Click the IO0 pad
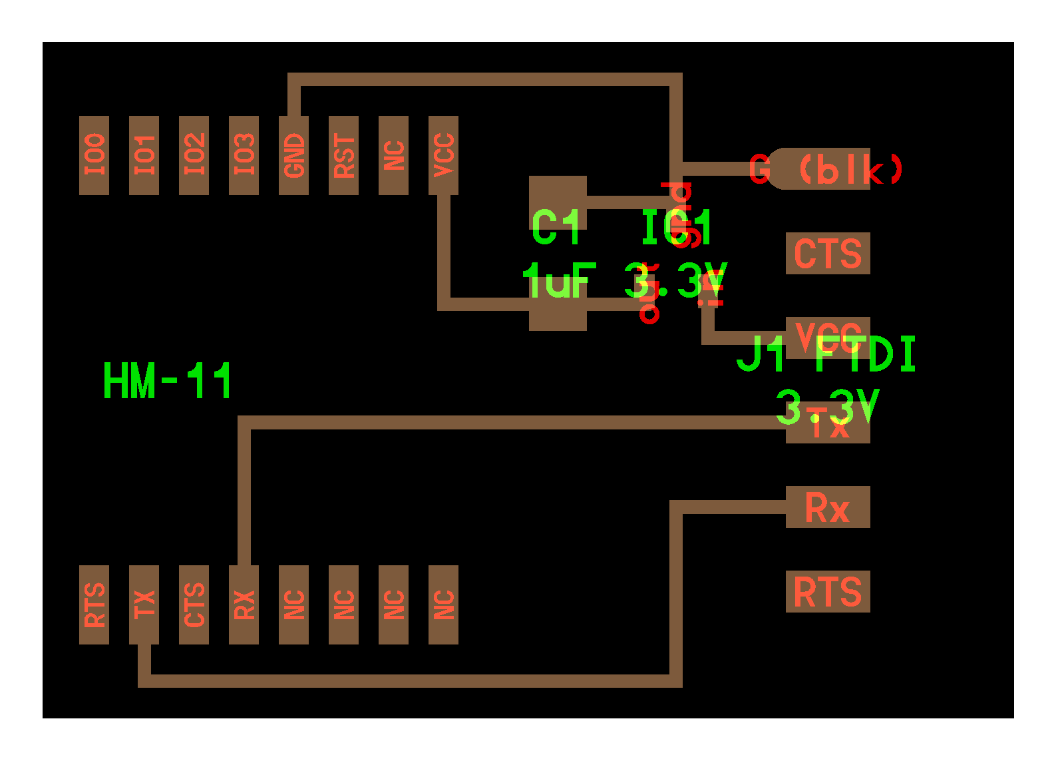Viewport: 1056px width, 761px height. point(94,155)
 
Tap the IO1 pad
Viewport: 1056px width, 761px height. point(144,155)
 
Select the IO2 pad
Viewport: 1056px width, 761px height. point(194,155)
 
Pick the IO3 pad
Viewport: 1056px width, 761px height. point(244,155)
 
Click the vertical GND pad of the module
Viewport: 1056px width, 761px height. point(293,155)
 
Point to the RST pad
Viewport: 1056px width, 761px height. point(343,155)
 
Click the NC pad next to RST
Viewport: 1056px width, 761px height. point(393,155)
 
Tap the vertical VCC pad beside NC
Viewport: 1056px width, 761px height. point(443,155)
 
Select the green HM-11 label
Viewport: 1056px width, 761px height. point(167,381)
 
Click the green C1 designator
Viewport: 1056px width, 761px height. point(557,227)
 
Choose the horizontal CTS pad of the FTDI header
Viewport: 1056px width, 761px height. point(828,254)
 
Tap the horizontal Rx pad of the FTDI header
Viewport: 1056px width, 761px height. point(828,507)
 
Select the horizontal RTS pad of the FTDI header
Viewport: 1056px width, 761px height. point(828,592)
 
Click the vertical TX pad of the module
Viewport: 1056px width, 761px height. point(144,605)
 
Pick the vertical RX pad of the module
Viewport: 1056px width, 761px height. point(244,605)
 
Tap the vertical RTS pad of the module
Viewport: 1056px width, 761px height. point(94,605)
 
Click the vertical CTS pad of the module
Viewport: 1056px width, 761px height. point(194,605)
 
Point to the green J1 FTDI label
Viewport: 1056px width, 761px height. point(826,354)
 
